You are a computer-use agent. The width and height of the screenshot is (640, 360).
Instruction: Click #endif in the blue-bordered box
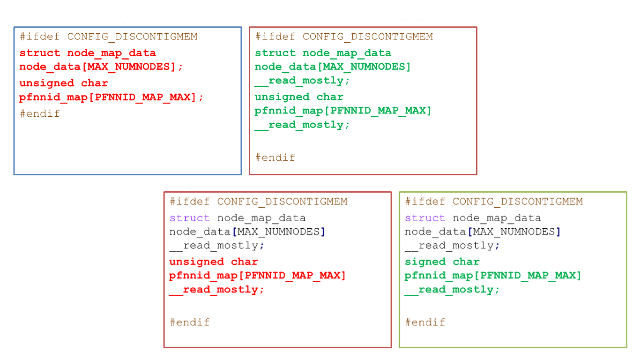40,114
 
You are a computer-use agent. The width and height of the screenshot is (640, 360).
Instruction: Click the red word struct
40,53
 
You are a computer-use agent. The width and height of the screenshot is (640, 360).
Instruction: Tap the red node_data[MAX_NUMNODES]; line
101,67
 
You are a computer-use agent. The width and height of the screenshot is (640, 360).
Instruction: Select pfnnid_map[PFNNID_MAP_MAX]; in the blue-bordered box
112,97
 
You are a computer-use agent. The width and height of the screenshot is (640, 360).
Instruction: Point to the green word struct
275,53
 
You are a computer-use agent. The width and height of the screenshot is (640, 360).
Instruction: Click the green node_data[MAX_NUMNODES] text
332,67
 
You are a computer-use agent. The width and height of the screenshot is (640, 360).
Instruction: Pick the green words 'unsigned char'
299,97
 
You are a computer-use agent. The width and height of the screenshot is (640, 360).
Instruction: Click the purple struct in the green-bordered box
425,218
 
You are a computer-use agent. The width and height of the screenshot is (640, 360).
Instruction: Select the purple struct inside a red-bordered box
189,218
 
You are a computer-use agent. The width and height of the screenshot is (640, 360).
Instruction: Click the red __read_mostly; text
216,290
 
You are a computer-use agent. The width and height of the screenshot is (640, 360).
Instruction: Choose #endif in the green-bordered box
425,322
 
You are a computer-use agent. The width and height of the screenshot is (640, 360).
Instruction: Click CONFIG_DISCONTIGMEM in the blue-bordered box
132,37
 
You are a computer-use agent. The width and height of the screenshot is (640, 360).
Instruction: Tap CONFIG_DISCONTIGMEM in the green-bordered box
517,202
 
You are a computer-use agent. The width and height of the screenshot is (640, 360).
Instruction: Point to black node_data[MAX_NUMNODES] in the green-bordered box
482,232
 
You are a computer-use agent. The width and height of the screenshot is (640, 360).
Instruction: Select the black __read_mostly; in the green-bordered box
452,246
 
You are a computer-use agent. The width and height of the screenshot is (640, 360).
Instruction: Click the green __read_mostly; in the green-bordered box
452,290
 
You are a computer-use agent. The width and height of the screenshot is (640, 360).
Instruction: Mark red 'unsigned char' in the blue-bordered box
64,83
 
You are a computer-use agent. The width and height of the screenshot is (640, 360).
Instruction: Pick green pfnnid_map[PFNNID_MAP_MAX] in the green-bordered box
492,275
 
